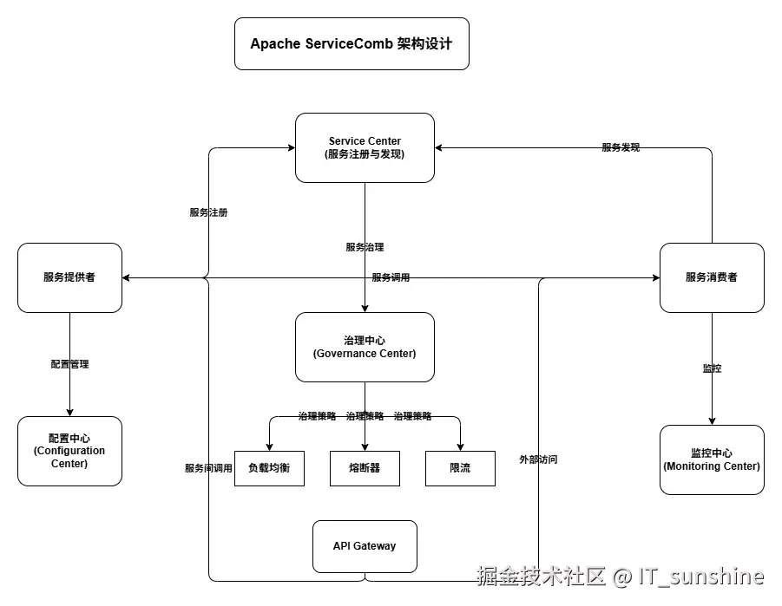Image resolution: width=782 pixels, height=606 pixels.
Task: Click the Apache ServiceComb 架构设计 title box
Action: point(352,43)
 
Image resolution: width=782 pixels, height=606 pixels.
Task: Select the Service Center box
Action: point(365,147)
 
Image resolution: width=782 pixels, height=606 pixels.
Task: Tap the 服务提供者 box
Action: point(69,277)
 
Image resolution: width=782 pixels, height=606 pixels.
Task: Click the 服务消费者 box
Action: point(712,277)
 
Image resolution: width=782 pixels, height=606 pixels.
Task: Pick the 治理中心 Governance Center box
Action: point(365,347)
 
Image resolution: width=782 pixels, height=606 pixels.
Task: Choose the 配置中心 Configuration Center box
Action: point(69,451)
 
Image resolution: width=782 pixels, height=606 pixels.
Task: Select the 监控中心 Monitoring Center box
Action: point(712,459)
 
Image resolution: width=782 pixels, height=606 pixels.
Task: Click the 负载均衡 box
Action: point(269,468)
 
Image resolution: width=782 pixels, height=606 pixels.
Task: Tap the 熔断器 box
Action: point(365,468)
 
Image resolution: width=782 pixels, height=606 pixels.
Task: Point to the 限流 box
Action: point(460,468)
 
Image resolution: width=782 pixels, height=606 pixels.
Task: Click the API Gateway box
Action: point(365,546)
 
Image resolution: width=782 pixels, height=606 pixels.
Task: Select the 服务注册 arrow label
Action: point(208,212)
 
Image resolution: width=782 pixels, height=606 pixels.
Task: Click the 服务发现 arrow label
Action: point(621,147)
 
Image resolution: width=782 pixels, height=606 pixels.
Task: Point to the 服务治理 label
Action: point(365,247)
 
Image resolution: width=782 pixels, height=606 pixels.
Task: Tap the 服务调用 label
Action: point(391,277)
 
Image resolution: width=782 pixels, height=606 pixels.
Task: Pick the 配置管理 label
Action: point(69,364)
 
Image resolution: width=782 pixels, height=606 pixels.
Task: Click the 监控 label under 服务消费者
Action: point(712,368)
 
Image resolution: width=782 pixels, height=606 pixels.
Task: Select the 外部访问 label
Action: point(538,459)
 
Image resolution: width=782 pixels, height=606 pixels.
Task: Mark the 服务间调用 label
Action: point(208,468)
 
